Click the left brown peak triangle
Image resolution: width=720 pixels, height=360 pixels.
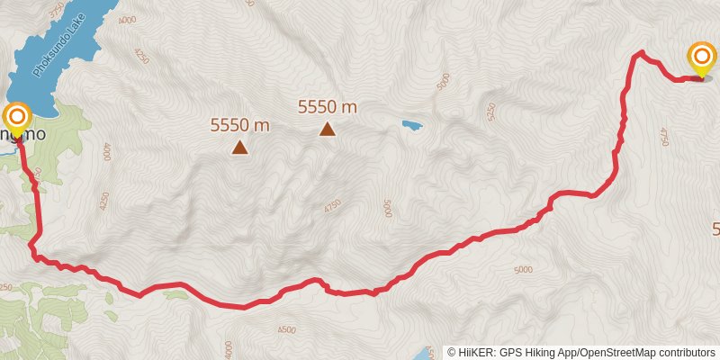tap(239, 147)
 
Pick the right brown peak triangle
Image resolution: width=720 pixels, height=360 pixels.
tap(328, 129)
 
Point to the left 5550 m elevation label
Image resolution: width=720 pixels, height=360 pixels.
tap(240, 126)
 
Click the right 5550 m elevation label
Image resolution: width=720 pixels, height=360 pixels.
tap(328, 107)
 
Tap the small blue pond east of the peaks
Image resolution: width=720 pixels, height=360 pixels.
tap(411, 125)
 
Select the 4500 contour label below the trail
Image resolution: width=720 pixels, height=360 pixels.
tap(286, 330)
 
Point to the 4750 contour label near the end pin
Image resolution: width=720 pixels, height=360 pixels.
tap(664, 136)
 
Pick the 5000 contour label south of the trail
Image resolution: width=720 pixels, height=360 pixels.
tap(523, 269)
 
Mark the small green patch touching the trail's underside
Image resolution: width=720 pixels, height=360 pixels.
tap(172, 293)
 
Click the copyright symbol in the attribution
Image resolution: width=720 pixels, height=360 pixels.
tap(452, 352)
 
